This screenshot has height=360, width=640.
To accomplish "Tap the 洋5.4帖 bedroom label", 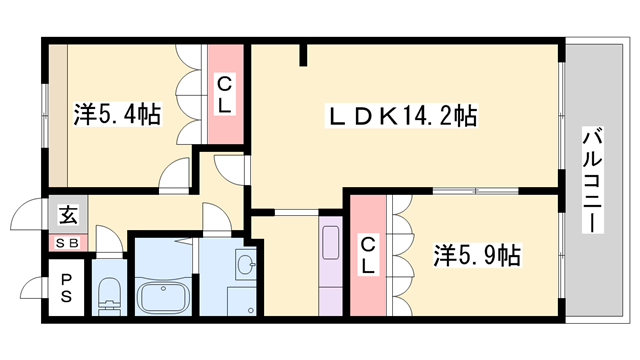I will pos(117,114).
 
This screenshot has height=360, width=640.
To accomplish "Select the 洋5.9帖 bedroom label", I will pos(476,255).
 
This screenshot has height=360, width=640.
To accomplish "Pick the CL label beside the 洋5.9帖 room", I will pos(368,255).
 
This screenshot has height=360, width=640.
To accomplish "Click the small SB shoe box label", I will pos(67,242).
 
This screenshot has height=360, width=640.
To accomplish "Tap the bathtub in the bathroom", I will pos(164,297).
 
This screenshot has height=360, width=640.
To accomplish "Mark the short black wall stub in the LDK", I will pos(302,55).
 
